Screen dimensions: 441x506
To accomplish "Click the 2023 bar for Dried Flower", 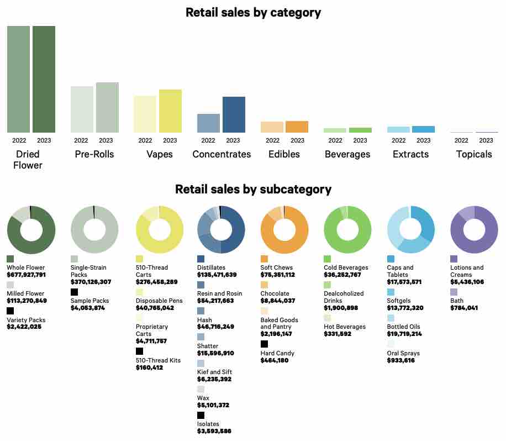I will pyautogui.click(x=44, y=79).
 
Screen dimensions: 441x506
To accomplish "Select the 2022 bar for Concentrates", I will pyautogui.click(x=208, y=123).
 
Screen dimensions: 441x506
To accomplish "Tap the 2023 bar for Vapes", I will pyautogui.click(x=170, y=111).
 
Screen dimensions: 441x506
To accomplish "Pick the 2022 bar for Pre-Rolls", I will pyautogui.click(x=82, y=109).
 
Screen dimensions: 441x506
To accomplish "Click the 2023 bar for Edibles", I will pyautogui.click(x=297, y=127).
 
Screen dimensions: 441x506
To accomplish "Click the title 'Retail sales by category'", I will pyautogui.click(x=253, y=12).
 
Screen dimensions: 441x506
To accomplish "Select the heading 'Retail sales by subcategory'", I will pyautogui.click(x=253, y=189).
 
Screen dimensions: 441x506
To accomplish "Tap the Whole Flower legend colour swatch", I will pyautogui.click(x=10, y=259).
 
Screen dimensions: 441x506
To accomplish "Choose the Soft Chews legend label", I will pyautogui.click(x=277, y=267).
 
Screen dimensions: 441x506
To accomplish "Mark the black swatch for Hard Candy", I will pyautogui.click(x=264, y=344).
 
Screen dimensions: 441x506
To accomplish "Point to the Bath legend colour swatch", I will pyautogui.click(x=454, y=292).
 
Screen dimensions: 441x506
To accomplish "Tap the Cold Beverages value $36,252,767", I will pyautogui.click(x=350, y=275).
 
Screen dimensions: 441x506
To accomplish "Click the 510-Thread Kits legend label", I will pyautogui.click(x=158, y=360).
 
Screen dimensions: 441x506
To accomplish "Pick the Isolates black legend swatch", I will pyautogui.click(x=201, y=415).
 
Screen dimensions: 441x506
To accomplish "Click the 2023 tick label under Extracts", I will pyautogui.click(x=423, y=140).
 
